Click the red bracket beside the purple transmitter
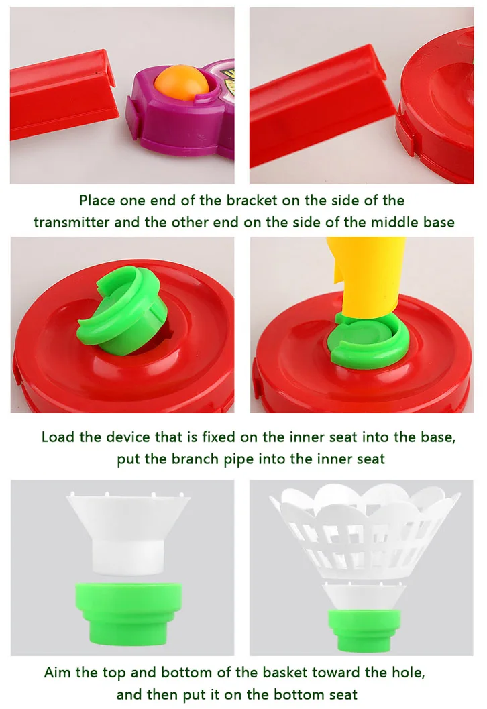[63, 95]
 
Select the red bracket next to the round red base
[321, 106]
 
